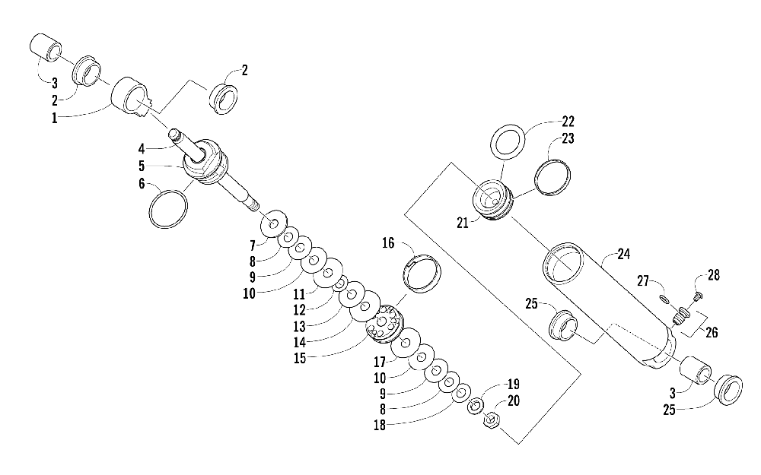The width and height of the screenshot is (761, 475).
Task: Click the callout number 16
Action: [388, 244]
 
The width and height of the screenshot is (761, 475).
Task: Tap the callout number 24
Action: [624, 255]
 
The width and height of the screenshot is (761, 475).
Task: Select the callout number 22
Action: [568, 122]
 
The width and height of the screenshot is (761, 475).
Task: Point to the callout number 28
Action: [713, 275]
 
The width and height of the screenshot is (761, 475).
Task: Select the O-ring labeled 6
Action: [168, 208]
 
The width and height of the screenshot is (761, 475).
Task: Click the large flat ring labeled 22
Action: [506, 142]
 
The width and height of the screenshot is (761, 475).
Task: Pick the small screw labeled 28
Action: [699, 296]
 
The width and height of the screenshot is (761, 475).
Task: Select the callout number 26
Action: [713, 331]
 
